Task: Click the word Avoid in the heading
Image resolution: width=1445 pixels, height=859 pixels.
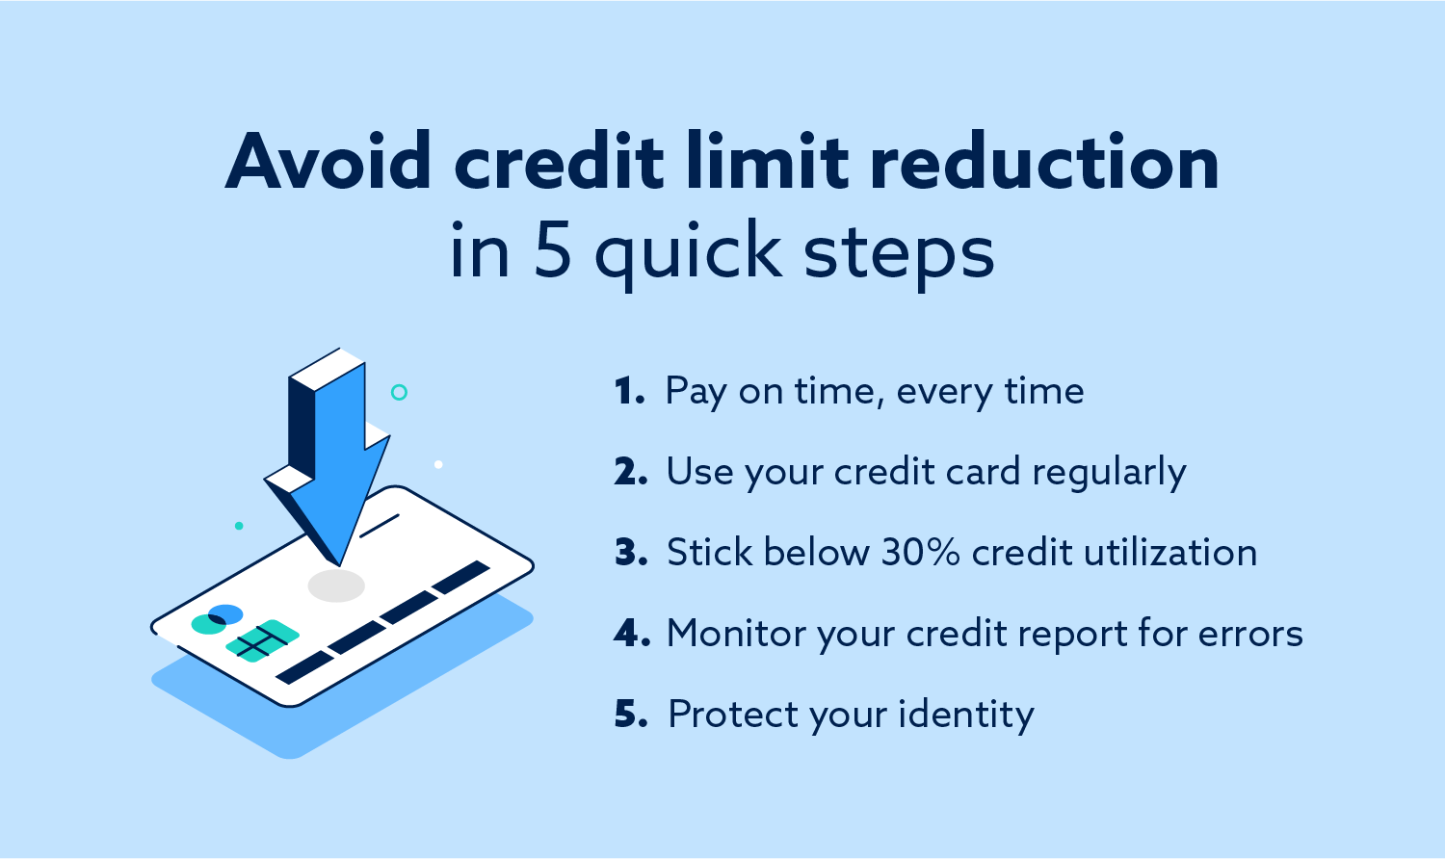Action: (x=328, y=162)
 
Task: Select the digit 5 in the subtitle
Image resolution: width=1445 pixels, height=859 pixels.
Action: (x=552, y=251)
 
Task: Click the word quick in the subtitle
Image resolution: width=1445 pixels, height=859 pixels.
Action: (x=688, y=253)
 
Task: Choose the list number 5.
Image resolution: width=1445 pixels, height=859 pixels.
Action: (x=631, y=716)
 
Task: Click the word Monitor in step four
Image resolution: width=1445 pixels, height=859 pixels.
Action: (x=737, y=634)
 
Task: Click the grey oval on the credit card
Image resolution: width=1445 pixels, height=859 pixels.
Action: (x=336, y=586)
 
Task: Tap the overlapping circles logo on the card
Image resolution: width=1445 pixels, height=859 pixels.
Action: (x=217, y=619)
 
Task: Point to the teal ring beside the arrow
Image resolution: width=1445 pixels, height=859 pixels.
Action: (x=399, y=392)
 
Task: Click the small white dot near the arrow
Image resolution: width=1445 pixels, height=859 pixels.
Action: (x=438, y=464)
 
